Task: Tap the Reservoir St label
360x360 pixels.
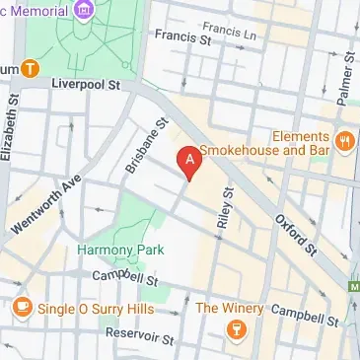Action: [140, 337]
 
